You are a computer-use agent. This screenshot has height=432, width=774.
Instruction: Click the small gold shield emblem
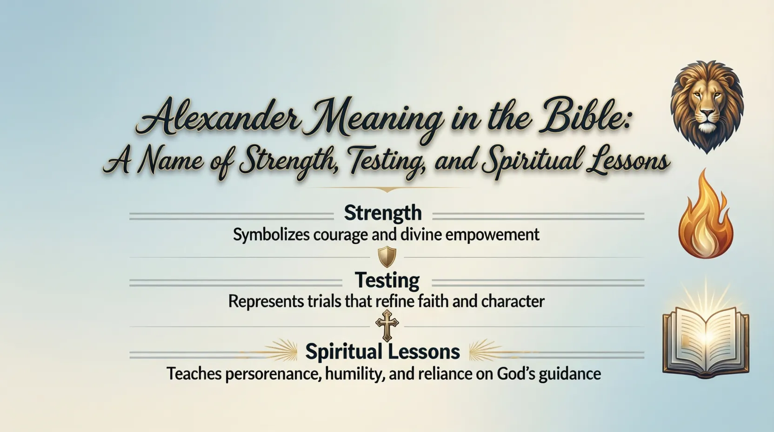387,256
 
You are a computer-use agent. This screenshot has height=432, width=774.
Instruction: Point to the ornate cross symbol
387,325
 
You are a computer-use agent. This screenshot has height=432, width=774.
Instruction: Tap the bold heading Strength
383,213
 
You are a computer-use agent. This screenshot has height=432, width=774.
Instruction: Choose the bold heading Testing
387,280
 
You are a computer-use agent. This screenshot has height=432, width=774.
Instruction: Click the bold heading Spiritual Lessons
382,351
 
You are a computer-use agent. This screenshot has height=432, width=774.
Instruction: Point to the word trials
325,302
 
